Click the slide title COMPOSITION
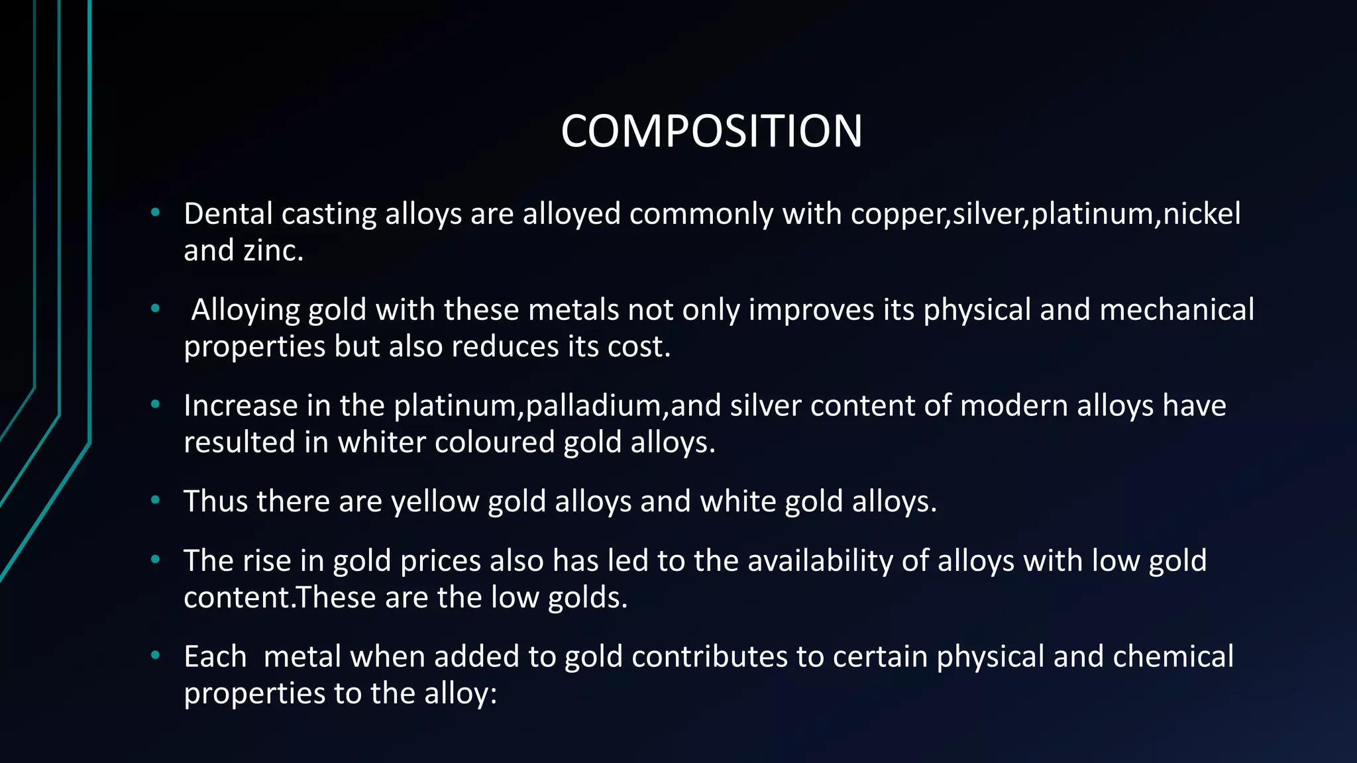coord(712,130)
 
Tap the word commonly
coord(701,214)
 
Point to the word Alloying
coord(245,310)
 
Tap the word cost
coord(639,346)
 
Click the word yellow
coord(435,501)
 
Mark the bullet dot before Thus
coord(156,500)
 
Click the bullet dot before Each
coord(156,656)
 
